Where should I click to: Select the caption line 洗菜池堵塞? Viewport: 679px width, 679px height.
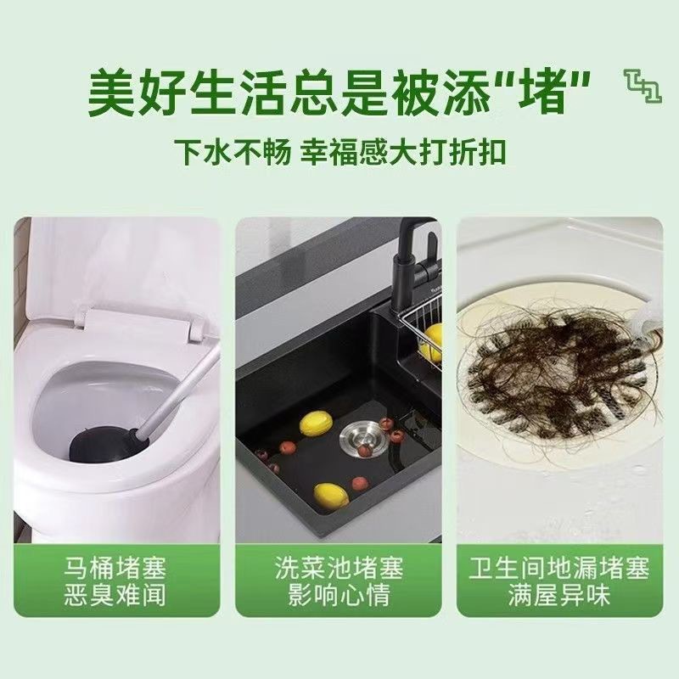(x=339, y=566)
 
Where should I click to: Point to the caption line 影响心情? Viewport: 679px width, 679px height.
(x=339, y=595)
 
